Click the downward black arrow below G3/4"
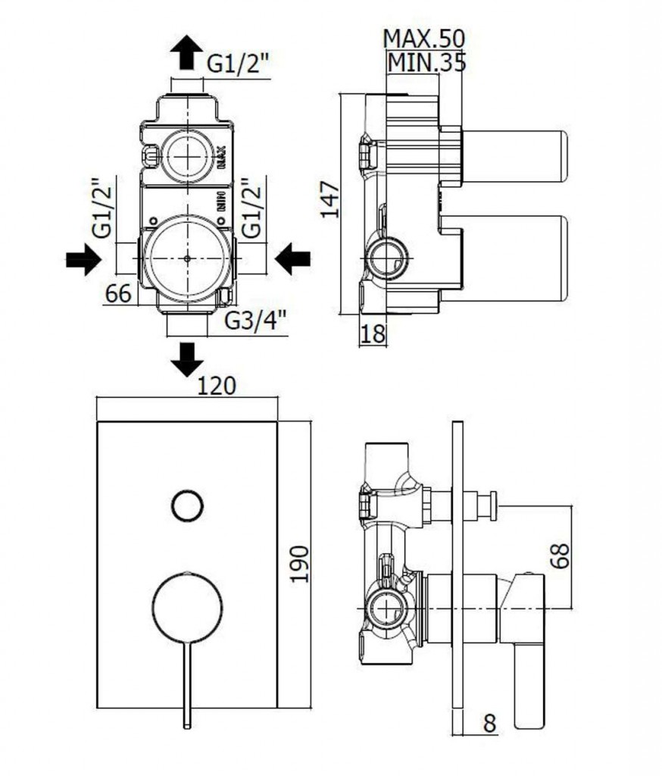coord(186,358)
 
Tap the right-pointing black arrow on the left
coord(83,260)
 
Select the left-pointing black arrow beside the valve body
coord(292,260)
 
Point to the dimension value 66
coord(118,293)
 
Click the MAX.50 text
coord(423,38)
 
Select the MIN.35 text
coord(426,62)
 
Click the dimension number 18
coord(374,333)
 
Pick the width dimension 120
coord(217,386)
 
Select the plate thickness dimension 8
coord(489,724)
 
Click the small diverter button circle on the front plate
coord(187,505)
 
